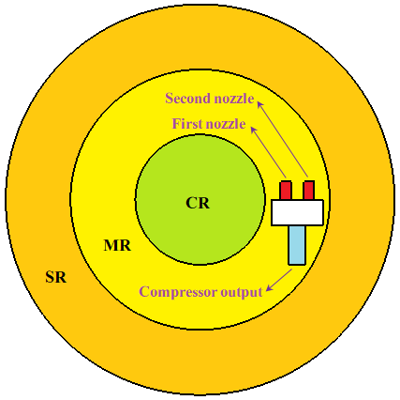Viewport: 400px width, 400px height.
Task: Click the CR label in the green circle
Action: click(198, 203)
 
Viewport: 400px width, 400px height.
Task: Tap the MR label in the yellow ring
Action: click(117, 246)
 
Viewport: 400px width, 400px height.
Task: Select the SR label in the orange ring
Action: click(56, 277)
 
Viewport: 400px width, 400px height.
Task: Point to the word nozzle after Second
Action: click(232, 99)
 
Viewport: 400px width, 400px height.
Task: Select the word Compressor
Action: click(178, 292)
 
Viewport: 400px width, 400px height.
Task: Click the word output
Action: click(241, 292)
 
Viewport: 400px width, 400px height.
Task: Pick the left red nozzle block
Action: click(286, 191)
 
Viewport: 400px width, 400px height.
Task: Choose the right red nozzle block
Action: click(309, 191)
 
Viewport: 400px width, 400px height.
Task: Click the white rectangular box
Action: click(297, 212)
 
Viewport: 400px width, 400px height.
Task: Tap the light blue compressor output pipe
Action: click(297, 245)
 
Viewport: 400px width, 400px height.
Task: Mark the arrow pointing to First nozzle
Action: click(269, 152)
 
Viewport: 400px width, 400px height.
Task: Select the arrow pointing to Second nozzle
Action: click(282, 139)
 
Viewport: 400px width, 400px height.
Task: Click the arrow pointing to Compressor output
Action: click(278, 280)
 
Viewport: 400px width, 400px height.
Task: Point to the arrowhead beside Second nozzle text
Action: click(260, 105)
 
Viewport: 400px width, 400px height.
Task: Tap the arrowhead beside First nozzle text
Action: click(254, 131)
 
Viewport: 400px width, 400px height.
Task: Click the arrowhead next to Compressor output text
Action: click(269, 287)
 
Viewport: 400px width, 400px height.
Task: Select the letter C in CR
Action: click(191, 203)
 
